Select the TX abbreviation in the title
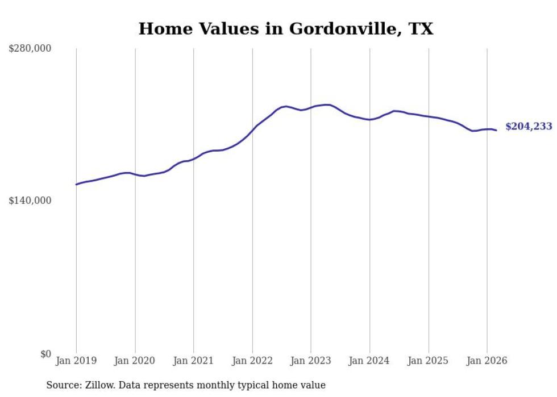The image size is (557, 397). tap(421, 28)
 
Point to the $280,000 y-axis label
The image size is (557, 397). tap(30, 48)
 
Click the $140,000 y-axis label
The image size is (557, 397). tap(30, 200)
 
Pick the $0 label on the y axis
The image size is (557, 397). tap(46, 354)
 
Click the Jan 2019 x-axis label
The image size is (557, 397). tap(76, 361)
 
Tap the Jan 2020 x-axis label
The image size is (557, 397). tap(135, 361)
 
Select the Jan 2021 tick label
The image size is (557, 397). tap(193, 361)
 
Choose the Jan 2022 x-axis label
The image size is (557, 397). tap(252, 361)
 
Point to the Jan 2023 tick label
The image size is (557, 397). tap(310, 361)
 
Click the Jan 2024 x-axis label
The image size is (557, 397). tap(369, 361)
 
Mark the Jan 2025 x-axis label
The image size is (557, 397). tap(428, 361)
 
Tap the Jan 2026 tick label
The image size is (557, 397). tap(487, 361)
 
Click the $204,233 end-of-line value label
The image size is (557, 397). tap(529, 127)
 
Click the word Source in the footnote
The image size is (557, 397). tap(63, 385)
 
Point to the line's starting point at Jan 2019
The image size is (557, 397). tap(76, 184)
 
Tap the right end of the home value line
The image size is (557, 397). tap(496, 130)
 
